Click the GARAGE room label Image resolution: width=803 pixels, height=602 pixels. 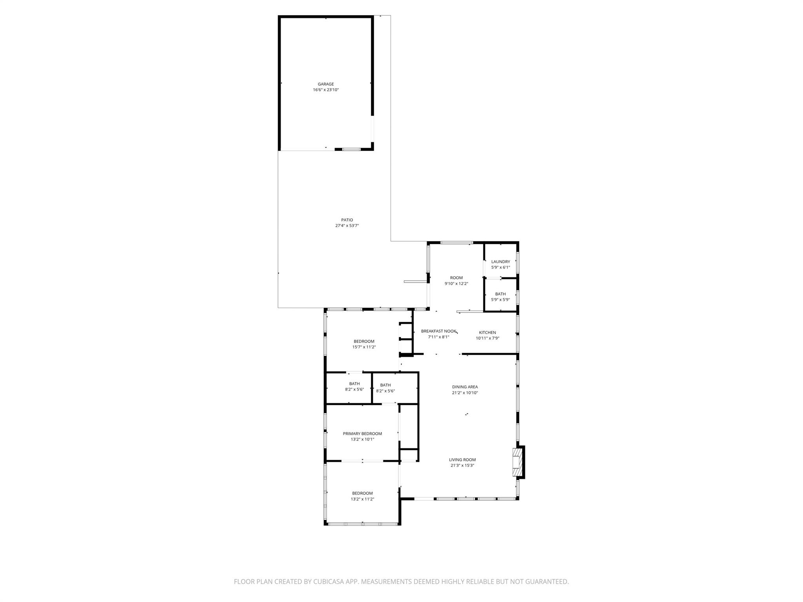click(x=325, y=84)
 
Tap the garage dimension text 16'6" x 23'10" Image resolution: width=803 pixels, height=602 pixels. click(x=325, y=90)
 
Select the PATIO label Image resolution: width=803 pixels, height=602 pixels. click(x=347, y=220)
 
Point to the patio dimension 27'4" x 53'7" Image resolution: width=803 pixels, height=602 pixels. click(x=347, y=226)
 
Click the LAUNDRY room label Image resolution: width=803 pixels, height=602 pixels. click(x=500, y=262)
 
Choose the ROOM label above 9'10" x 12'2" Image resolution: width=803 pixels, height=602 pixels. click(x=456, y=278)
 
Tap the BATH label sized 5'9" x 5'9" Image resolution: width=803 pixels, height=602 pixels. click(x=500, y=294)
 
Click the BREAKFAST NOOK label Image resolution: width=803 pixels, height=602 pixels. click(x=438, y=331)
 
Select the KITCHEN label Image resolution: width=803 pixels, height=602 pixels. click(x=487, y=333)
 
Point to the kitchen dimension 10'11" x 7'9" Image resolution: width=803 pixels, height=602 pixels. click(x=487, y=338)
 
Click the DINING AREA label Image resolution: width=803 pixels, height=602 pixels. click(x=465, y=387)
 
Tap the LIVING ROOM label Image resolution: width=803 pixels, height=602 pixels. click(x=462, y=460)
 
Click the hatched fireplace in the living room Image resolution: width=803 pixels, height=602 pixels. click(x=517, y=462)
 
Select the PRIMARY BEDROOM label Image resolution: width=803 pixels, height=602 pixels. click(x=362, y=433)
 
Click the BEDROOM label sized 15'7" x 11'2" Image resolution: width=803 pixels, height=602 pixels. click(x=364, y=341)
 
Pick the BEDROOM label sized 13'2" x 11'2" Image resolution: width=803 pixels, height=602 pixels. click(x=362, y=493)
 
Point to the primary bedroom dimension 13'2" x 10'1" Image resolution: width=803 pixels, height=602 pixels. click(x=362, y=439)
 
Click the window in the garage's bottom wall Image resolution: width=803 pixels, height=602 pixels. click(x=351, y=149)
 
